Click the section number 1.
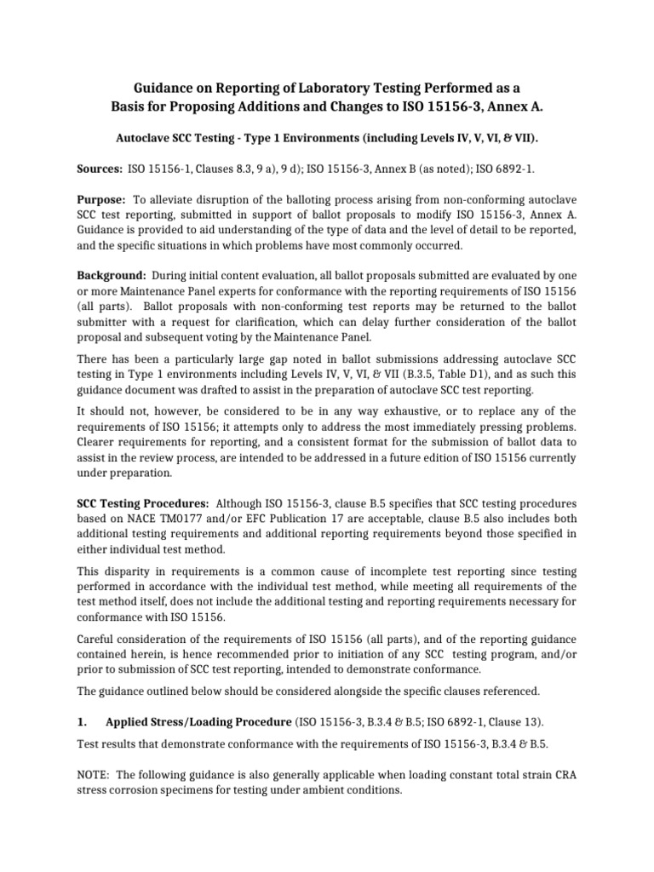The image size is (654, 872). pos(83,722)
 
